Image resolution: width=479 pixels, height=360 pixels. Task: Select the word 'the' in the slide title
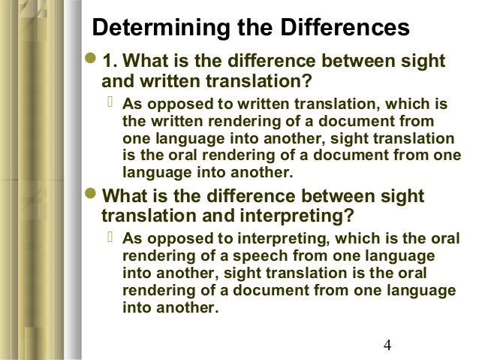[260, 29]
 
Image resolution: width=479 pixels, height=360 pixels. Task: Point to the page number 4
[387, 346]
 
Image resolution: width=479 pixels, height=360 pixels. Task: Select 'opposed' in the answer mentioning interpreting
[171, 240]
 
